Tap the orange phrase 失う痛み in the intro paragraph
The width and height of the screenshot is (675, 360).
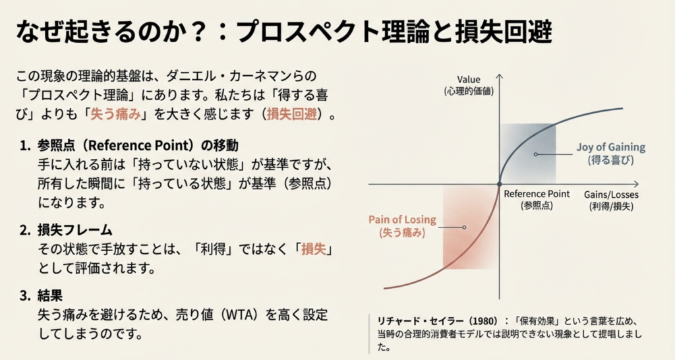tap(115, 114)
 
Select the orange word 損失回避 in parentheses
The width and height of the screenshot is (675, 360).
tap(292, 114)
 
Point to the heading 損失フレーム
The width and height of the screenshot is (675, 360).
tap(74, 230)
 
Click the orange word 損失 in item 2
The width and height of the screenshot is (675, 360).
tap(314, 249)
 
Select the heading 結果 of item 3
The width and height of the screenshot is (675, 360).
tap(50, 295)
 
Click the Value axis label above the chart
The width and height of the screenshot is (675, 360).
tap(469, 85)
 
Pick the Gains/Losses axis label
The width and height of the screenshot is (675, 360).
tap(611, 200)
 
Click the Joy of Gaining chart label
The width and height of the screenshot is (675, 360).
tap(611, 154)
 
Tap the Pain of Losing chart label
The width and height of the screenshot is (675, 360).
tap(402, 226)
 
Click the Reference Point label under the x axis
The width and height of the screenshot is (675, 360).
tap(537, 199)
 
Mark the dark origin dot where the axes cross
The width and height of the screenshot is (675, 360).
tap(500, 185)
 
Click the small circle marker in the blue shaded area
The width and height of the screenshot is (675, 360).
tap(535, 154)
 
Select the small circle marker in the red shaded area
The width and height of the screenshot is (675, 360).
tap(464, 227)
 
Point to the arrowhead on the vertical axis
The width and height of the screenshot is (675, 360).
tap(500, 76)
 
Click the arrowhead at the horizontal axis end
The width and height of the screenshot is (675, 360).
tap(636, 185)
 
